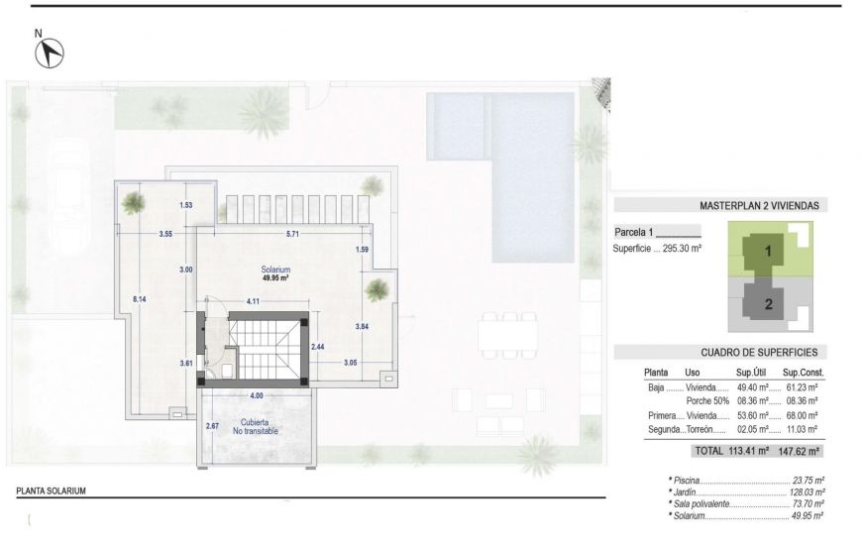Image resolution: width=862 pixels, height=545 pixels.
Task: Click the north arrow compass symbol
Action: coord(50,53)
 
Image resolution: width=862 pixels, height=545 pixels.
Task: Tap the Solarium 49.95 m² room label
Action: coord(275,273)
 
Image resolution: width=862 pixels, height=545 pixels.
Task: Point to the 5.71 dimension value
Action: coord(292,234)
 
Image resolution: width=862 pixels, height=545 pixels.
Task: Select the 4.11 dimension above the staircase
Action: coord(253,300)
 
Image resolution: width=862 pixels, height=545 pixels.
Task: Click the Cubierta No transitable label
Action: coord(255,427)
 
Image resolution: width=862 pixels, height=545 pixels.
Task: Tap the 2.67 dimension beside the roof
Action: coord(211,426)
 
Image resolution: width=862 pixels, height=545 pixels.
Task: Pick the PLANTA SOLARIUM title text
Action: coord(52,490)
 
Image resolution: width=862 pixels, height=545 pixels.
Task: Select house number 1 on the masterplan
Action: coord(767,252)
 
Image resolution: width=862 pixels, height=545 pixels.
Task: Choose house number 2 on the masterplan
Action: coord(768,304)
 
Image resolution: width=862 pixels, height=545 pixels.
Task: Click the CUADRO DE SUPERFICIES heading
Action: coord(765,352)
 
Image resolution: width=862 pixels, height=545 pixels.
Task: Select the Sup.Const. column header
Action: coord(804,372)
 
